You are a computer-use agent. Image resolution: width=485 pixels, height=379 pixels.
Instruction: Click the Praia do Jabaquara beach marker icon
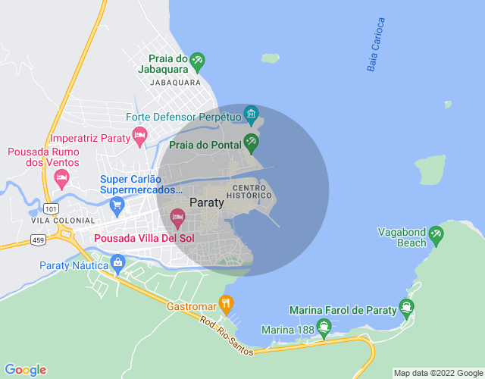pyautogui.click(x=197, y=59)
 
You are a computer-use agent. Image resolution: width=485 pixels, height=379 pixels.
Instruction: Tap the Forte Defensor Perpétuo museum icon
pyautogui.click(x=252, y=117)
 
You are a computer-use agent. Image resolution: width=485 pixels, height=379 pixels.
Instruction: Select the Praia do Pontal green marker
pyautogui.click(x=251, y=142)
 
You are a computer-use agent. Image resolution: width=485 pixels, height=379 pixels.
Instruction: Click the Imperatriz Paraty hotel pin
pyautogui.click(x=139, y=136)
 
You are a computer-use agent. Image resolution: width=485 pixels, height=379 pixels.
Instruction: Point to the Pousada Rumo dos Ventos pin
pyautogui.click(x=62, y=178)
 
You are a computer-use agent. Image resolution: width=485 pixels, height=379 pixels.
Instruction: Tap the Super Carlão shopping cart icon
pyautogui.click(x=117, y=204)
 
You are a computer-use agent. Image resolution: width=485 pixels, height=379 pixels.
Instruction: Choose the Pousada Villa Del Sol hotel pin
pyautogui.click(x=177, y=218)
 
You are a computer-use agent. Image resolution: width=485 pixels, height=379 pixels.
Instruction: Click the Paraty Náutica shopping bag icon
pyautogui.click(x=117, y=263)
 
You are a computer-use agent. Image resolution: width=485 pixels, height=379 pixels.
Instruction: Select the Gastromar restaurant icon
pyautogui.click(x=226, y=304)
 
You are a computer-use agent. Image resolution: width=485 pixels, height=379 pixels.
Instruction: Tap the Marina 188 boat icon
pyautogui.click(x=324, y=328)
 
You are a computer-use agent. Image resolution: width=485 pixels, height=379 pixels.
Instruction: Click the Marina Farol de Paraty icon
pyautogui.click(x=407, y=308)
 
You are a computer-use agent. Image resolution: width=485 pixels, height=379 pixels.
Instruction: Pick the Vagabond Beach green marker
pyautogui.click(x=436, y=236)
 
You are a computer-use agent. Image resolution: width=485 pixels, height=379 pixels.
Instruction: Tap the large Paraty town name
pyautogui.click(x=207, y=202)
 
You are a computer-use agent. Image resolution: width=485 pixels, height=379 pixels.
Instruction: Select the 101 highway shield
pyautogui.click(x=52, y=208)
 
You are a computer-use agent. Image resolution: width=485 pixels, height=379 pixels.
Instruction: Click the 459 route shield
pyautogui.click(x=38, y=240)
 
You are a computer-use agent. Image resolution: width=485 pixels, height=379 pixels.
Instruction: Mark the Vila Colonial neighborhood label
pyautogui.click(x=64, y=221)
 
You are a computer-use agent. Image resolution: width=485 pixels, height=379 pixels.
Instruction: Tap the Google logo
pyautogui.click(x=25, y=370)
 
